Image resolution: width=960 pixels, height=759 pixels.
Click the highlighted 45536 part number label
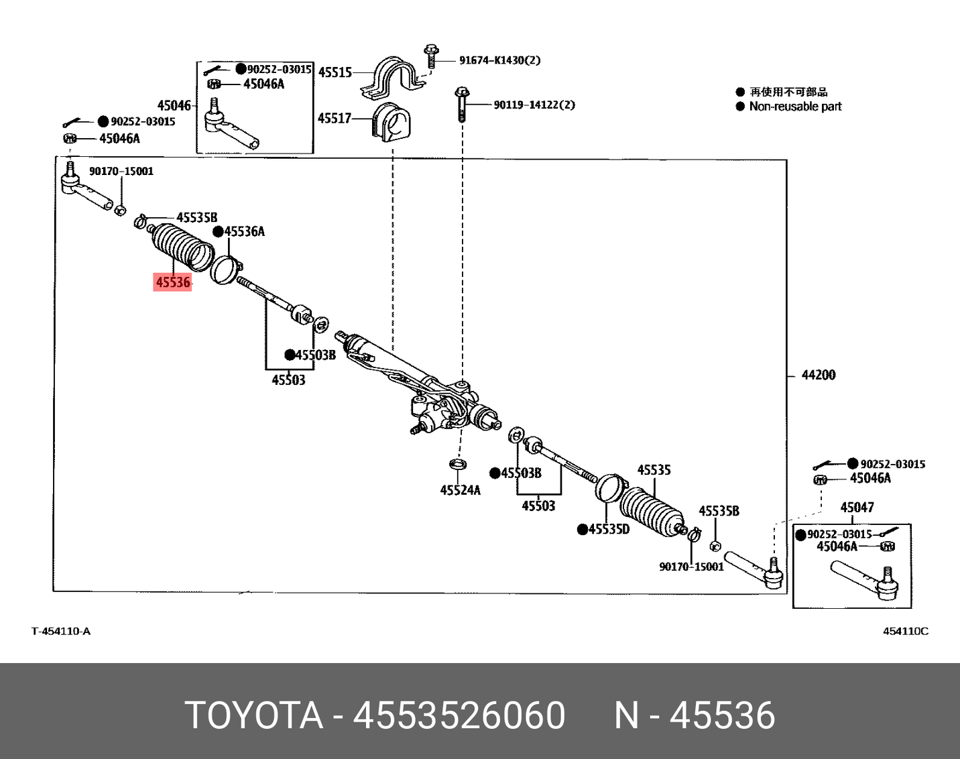[x=173, y=282]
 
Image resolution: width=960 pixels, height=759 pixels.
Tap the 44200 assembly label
[x=818, y=375]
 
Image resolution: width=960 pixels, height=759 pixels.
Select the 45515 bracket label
[x=335, y=72]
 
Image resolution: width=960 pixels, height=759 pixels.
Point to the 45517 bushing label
[x=335, y=119]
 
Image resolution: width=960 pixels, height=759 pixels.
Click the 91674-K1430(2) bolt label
[x=499, y=60]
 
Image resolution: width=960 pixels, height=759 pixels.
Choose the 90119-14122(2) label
[x=534, y=105]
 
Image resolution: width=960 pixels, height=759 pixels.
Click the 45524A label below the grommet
[x=460, y=490]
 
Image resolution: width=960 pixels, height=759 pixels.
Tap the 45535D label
[x=609, y=529]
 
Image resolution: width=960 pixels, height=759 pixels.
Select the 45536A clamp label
[x=244, y=231]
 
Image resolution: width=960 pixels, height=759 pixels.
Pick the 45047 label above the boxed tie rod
[x=857, y=508]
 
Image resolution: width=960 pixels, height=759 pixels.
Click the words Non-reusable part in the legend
[x=795, y=107]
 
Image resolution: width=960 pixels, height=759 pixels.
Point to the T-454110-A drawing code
[x=61, y=631]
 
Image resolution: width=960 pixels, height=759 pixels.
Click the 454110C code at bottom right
[x=906, y=631]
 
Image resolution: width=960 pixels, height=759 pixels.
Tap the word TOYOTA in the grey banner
[x=253, y=715]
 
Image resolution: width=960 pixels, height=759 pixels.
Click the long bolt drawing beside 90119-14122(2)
[x=462, y=105]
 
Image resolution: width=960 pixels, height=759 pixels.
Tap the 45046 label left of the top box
[x=174, y=105]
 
